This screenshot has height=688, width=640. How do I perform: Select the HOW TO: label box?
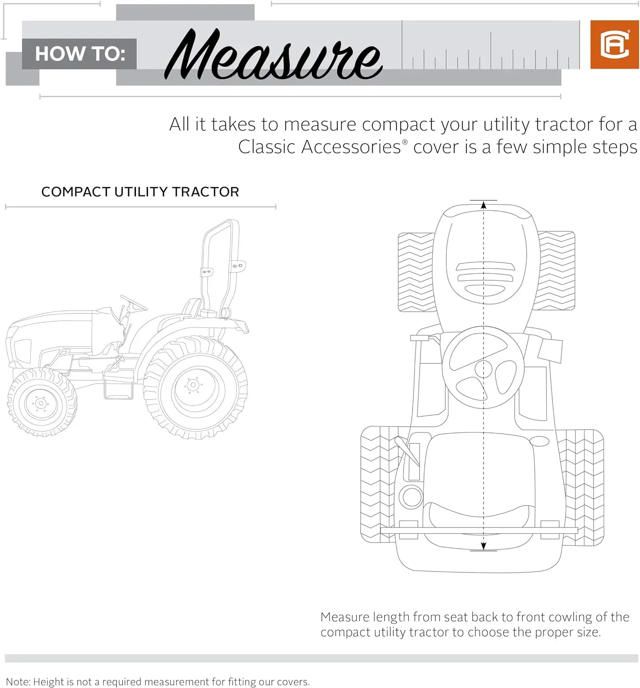[x=79, y=54]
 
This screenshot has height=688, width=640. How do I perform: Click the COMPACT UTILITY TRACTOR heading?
[x=140, y=192]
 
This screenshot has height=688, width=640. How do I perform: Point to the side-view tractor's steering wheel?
[x=134, y=303]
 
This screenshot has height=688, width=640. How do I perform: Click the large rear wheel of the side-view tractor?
[x=195, y=387]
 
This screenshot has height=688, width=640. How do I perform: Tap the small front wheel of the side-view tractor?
[x=42, y=402]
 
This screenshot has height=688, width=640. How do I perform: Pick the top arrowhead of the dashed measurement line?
[x=483, y=205]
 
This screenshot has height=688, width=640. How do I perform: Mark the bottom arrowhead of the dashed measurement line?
[x=483, y=546]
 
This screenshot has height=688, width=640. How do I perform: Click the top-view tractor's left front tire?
[x=415, y=272]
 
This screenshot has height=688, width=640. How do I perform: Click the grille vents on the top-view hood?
[x=485, y=279]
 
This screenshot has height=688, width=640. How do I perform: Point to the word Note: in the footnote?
[x=17, y=682]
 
